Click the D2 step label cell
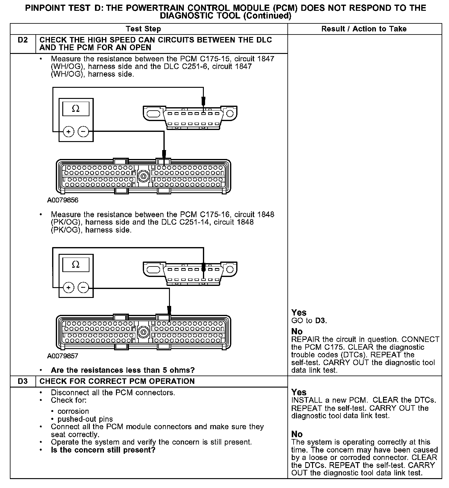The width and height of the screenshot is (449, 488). tap(23, 40)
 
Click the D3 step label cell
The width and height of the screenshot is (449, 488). tap(23, 381)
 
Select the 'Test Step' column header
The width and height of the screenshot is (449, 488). tap(143, 29)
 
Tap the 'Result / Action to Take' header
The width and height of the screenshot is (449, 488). tap(364, 29)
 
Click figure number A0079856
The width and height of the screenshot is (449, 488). tap(63, 200)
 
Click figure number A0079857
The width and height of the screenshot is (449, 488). tap(63, 356)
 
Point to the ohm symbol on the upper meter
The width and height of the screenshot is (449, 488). tap(76, 109)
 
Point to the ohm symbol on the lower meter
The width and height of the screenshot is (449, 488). tap(76, 265)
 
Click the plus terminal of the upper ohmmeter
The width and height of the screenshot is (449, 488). tap(68, 132)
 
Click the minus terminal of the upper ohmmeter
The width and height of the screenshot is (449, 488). tap(83, 132)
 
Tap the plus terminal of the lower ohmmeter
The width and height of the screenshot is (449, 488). tap(68, 288)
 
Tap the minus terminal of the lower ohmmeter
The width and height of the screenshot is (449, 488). tap(83, 288)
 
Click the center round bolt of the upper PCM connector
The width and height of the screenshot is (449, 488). tap(143, 176)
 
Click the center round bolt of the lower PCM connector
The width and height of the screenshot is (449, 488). tap(143, 332)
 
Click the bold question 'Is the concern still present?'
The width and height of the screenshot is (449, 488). tap(103, 450)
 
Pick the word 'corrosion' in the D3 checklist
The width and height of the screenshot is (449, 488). tap(73, 411)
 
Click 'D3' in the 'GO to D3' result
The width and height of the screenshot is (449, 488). tap(320, 321)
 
